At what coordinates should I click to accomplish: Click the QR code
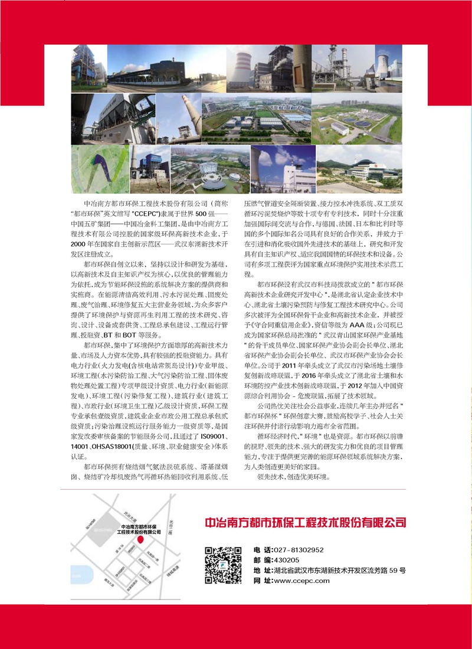tap(224, 565)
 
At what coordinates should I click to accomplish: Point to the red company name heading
tap(305, 523)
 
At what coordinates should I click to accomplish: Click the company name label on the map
tap(140, 529)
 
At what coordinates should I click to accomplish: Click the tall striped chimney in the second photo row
tap(188, 114)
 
